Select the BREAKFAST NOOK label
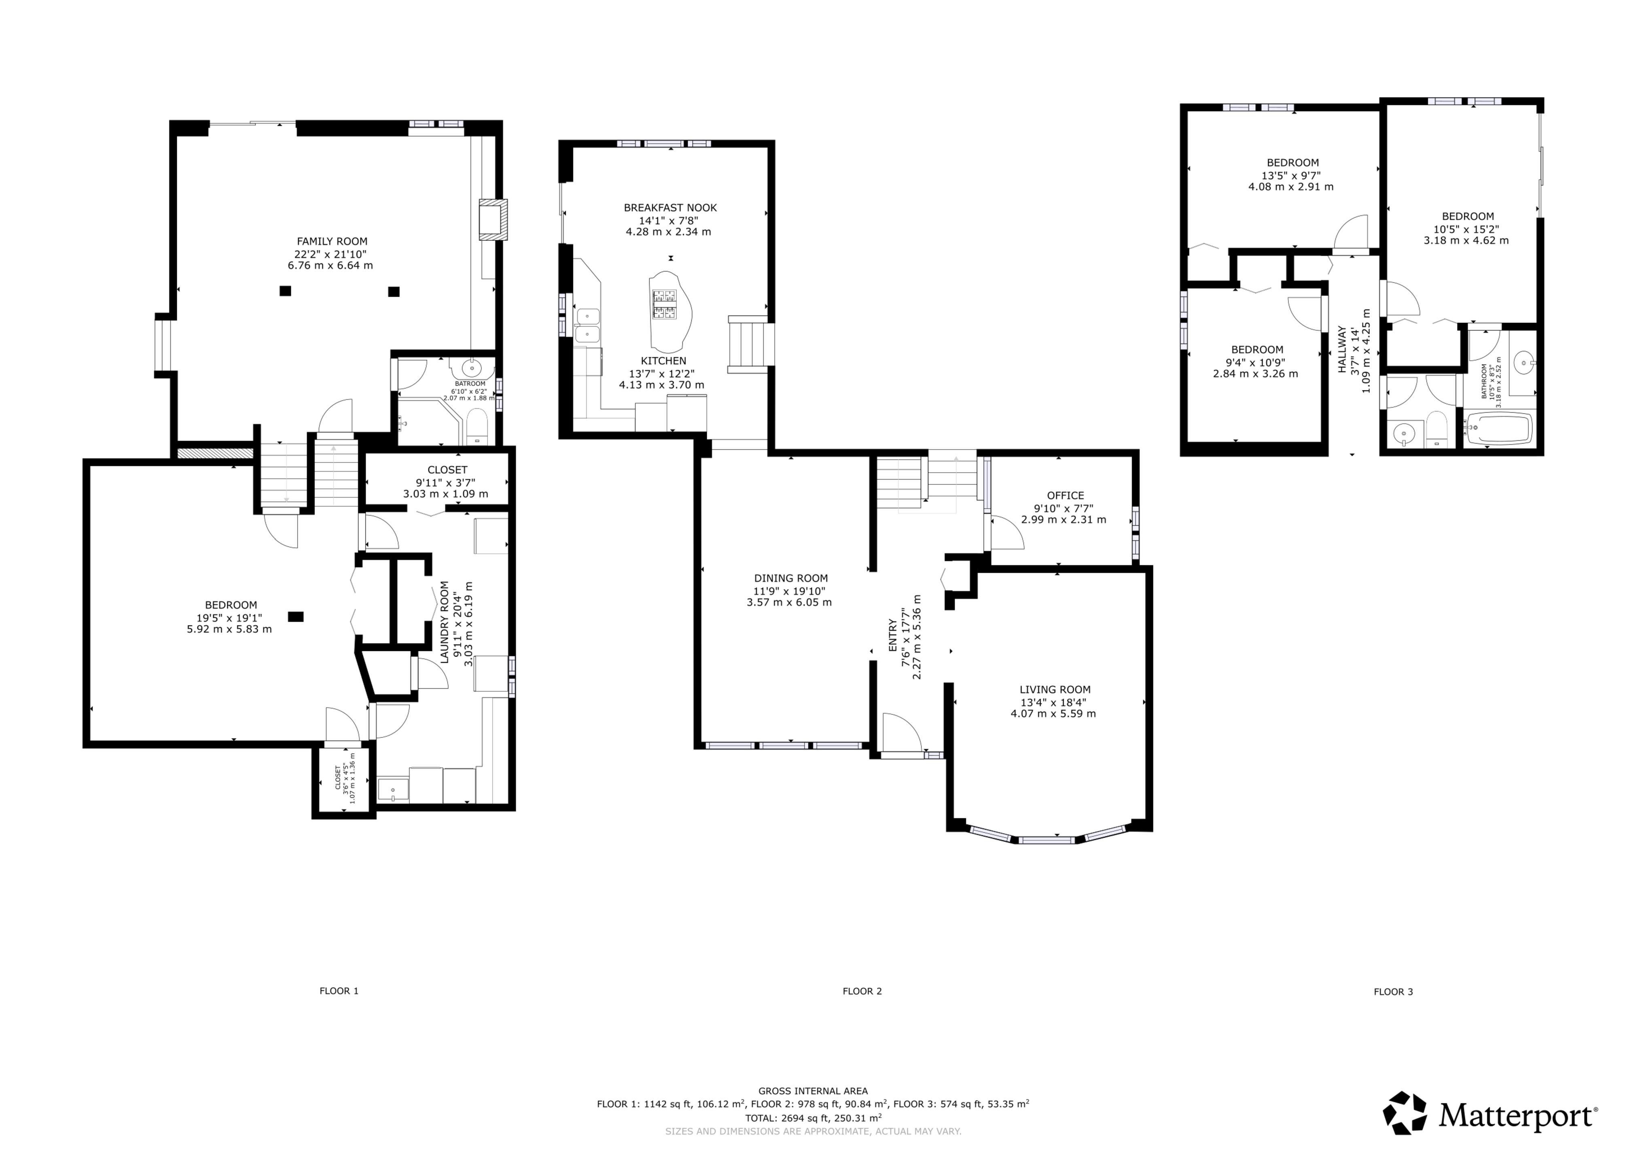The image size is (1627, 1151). tap(670, 208)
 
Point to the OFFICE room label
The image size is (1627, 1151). tap(1065, 495)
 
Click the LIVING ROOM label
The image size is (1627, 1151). tap(1055, 690)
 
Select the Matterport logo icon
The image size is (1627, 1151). tap(1405, 1112)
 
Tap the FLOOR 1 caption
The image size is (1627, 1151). tap(339, 991)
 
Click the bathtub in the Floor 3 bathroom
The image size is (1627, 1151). tap(1499, 428)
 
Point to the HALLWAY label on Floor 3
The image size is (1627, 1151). tap(1341, 349)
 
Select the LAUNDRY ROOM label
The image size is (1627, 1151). tap(444, 622)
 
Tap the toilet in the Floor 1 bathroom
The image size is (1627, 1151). tap(478, 425)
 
